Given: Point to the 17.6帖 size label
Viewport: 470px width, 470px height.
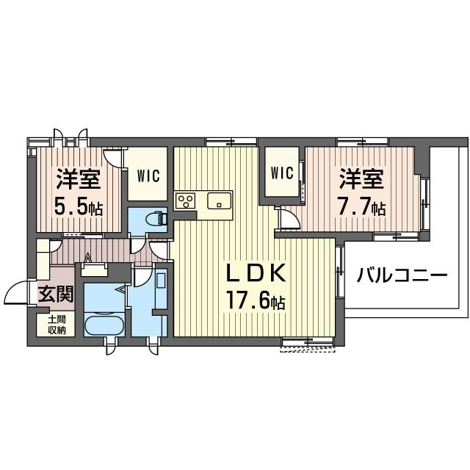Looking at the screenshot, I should point(254,300).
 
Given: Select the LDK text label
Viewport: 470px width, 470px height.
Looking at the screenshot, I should point(254,274).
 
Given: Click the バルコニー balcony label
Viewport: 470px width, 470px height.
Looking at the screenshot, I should point(402,277).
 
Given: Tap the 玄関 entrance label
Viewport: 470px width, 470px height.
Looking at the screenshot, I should point(55,294).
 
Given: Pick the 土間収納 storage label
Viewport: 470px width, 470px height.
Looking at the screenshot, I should point(57,325).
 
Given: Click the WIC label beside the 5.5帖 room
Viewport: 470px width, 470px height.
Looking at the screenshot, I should point(150,176).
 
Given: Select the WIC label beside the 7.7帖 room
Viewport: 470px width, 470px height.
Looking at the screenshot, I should point(282,173).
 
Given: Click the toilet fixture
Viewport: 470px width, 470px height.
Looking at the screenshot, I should point(156,218).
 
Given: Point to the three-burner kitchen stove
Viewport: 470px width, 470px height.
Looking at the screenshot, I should point(185,200).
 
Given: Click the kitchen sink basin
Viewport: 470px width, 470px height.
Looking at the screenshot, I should point(219,200).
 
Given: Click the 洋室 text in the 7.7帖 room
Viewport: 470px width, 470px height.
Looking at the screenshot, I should point(360,179).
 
